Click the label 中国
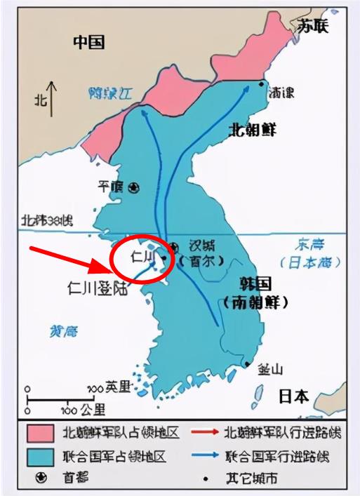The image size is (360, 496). coord(89,43)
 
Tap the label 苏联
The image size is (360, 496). coord(312,26)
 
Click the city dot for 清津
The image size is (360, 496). coord(261,85)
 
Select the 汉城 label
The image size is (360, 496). coord(197,247)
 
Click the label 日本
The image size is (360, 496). coord(293,396)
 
